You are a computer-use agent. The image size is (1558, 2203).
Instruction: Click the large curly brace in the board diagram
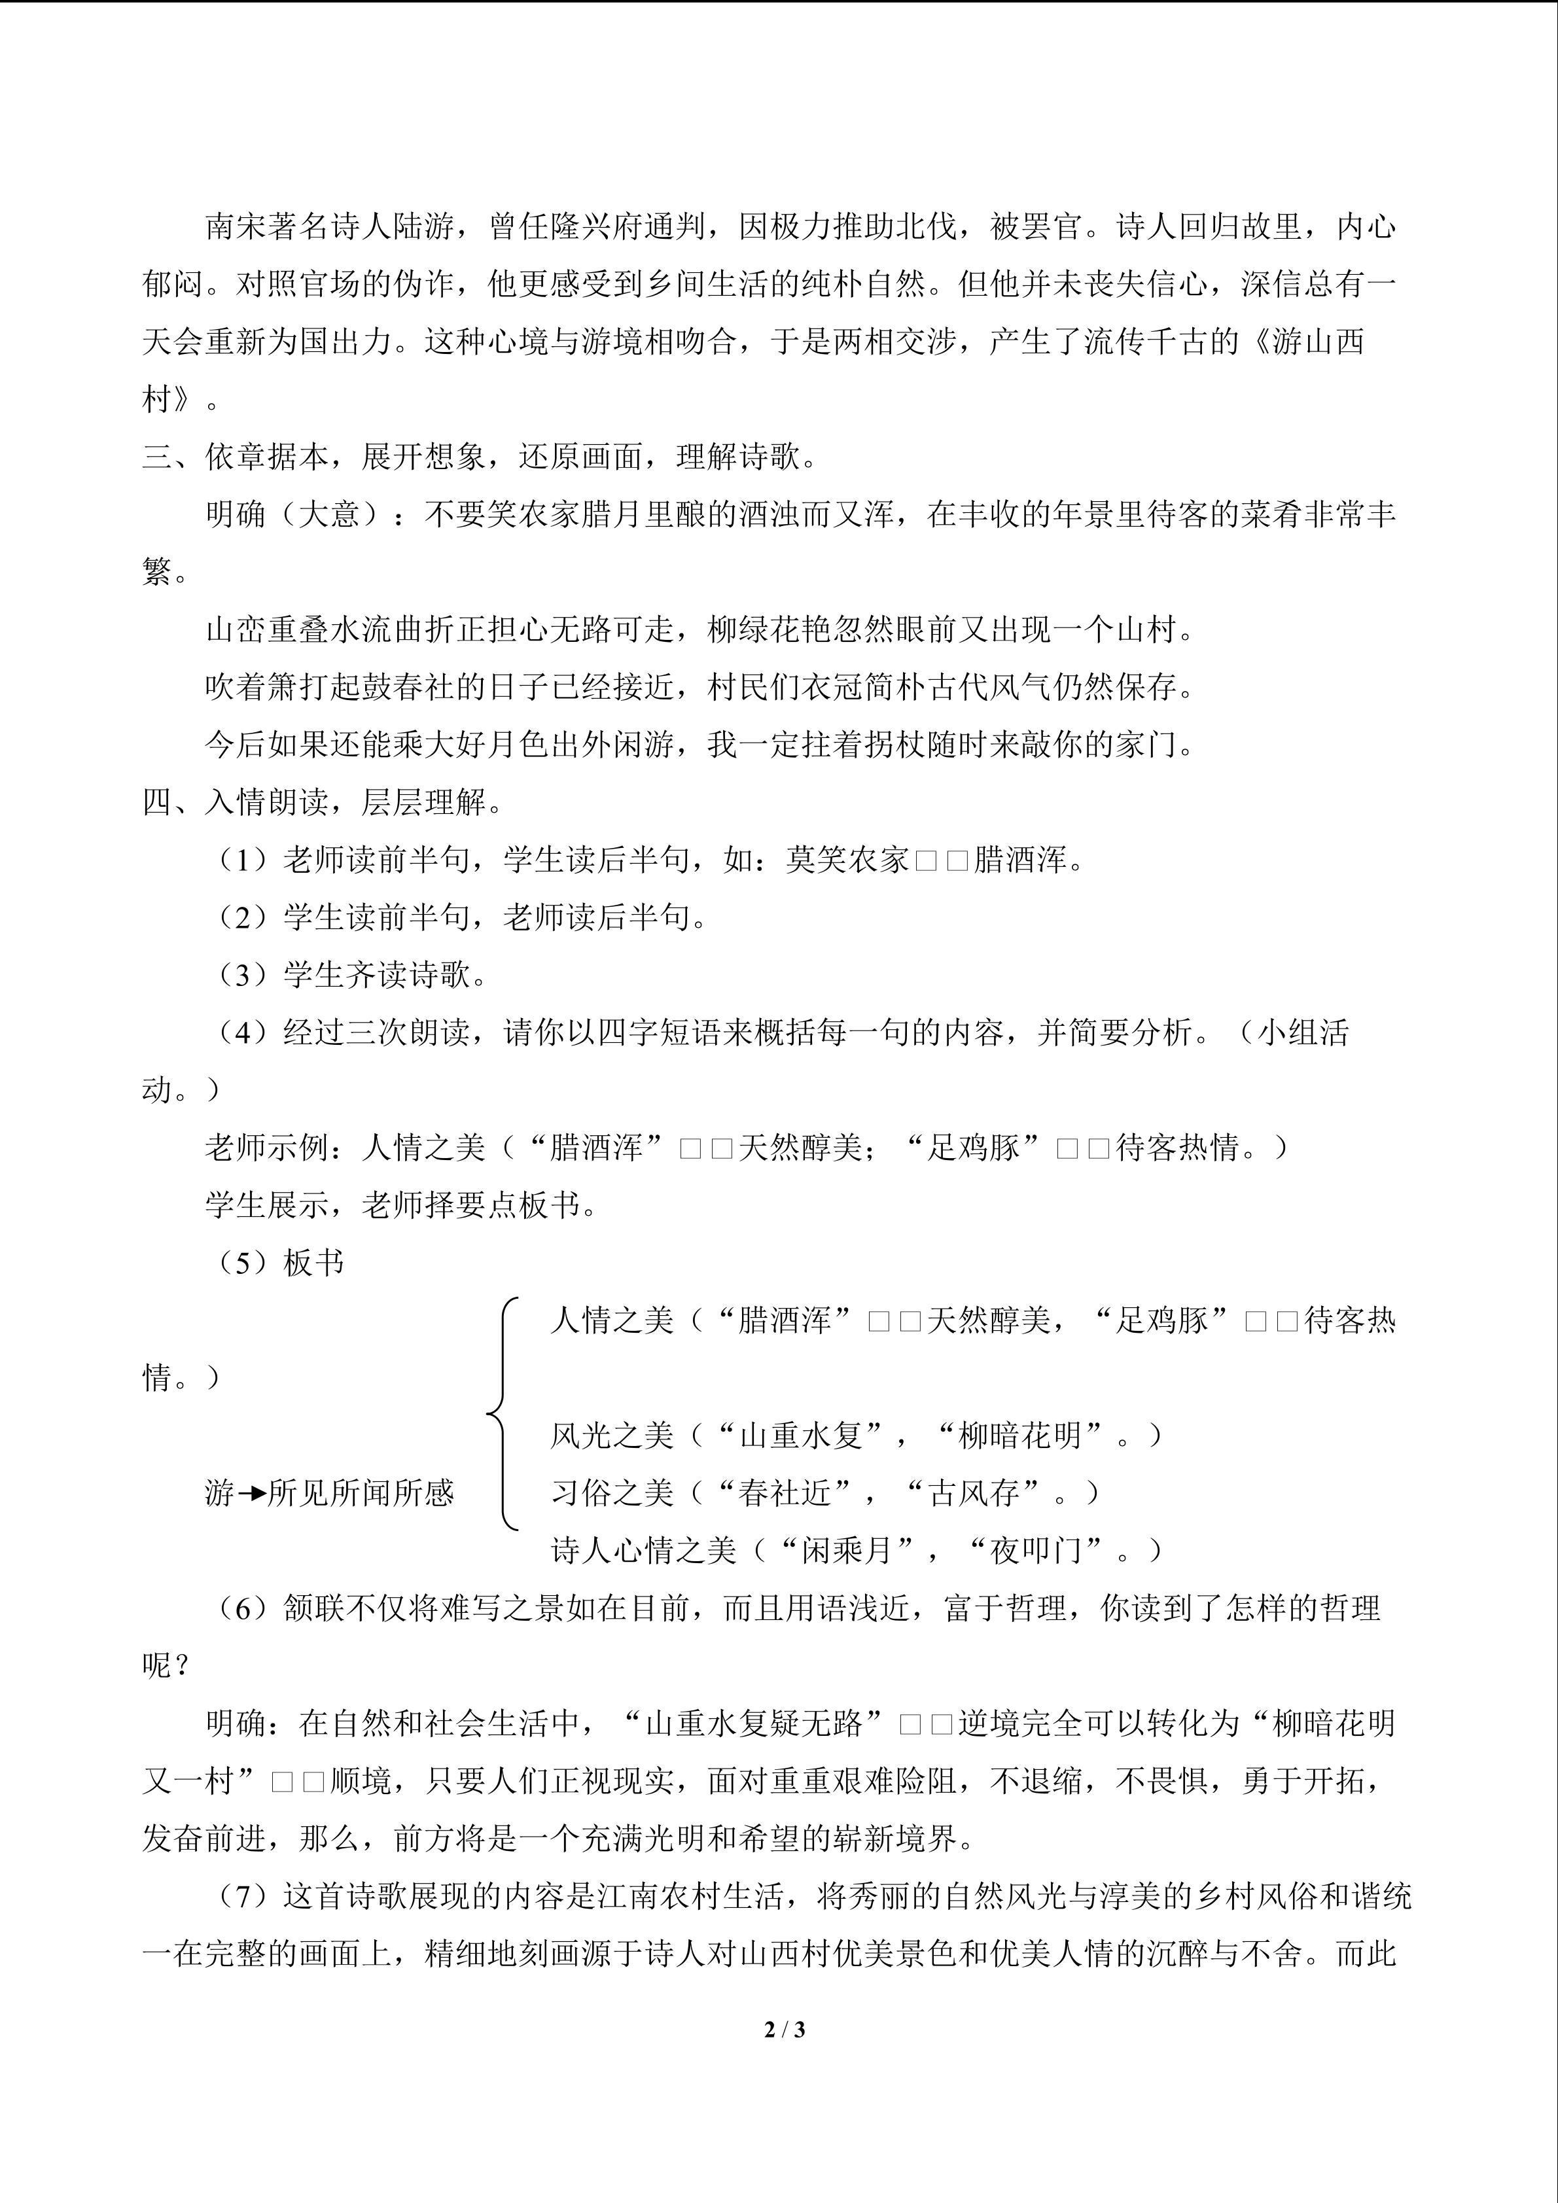(x=503, y=1413)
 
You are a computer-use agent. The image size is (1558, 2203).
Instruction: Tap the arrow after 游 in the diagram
(x=251, y=1494)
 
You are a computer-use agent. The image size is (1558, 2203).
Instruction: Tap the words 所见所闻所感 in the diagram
(x=361, y=1494)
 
